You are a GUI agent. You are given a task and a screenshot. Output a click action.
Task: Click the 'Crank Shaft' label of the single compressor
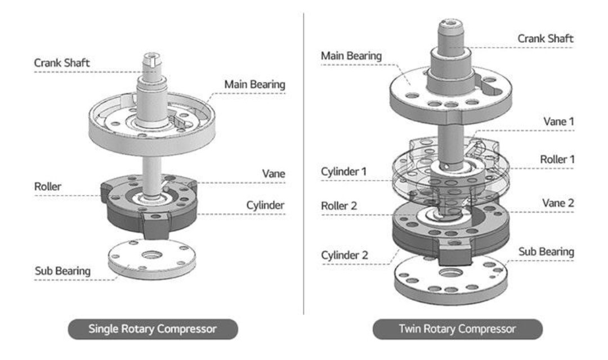tap(62, 63)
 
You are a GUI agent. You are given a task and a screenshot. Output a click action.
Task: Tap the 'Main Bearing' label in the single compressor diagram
tap(255, 84)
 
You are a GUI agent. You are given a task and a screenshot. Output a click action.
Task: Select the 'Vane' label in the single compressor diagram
tap(274, 174)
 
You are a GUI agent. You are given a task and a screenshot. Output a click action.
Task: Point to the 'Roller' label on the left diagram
tap(48, 186)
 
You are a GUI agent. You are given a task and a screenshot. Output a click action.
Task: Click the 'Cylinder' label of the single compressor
tap(265, 205)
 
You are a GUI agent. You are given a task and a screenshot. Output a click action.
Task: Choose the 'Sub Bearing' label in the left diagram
tap(63, 271)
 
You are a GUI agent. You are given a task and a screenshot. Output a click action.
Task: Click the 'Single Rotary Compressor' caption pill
tap(153, 329)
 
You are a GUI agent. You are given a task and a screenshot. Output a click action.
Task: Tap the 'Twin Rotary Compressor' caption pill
tap(458, 329)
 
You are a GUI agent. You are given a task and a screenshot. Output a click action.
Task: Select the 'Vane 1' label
tap(559, 121)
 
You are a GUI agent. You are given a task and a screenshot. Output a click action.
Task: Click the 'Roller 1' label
tap(557, 159)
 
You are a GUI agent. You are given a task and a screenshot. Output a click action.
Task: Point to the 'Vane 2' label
tap(558, 203)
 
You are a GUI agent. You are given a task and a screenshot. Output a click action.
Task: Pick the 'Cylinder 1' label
tap(344, 172)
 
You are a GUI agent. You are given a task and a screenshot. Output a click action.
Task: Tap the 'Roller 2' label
tap(339, 206)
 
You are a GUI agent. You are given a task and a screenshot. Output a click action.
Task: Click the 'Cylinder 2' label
tap(345, 255)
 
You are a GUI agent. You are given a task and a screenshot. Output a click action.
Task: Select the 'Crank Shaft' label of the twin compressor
tap(546, 39)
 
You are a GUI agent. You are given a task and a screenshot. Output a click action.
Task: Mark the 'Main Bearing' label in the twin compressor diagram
tap(351, 56)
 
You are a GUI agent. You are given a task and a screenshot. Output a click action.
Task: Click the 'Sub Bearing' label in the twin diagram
tap(546, 252)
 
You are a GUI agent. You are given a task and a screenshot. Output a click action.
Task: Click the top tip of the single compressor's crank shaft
tap(152, 53)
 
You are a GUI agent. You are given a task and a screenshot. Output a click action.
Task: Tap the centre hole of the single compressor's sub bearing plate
tap(152, 255)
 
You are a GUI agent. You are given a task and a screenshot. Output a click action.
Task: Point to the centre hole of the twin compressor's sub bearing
tap(450, 272)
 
